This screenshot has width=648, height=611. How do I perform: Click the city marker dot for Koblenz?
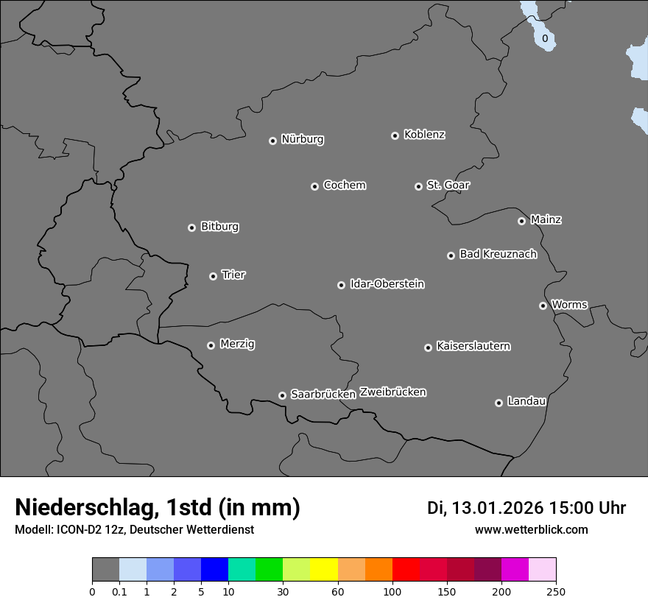click(395, 135)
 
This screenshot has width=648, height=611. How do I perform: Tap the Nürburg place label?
click(302, 139)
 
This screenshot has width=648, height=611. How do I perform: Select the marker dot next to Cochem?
click(314, 186)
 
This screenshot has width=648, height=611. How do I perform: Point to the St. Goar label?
click(448, 185)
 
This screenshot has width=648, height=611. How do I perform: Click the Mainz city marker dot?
click(521, 221)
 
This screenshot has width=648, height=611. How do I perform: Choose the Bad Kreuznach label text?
click(498, 254)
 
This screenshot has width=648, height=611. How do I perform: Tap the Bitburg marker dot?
click(191, 227)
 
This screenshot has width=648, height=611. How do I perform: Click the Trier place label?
click(233, 275)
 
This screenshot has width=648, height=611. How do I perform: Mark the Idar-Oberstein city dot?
click(341, 285)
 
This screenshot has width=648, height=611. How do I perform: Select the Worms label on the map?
click(569, 304)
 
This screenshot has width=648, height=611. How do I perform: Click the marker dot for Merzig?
click(211, 345)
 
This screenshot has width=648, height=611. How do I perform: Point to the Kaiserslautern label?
click(473, 346)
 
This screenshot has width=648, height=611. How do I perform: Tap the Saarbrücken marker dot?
click(282, 395)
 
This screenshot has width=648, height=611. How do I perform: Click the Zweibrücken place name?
click(392, 392)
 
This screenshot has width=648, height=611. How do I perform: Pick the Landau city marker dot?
click(499, 403)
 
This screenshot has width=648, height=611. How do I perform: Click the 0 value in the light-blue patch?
click(545, 38)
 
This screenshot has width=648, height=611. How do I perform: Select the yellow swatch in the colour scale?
click(324, 570)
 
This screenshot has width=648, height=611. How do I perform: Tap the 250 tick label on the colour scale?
click(556, 591)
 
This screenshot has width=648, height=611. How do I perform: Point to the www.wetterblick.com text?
click(531, 529)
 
